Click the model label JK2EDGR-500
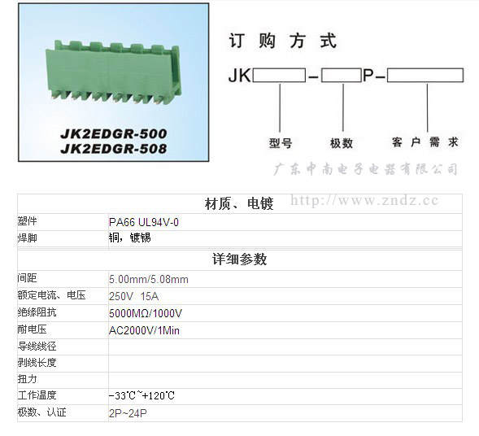point(114,134)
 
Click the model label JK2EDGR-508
point(114,149)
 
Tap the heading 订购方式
point(282,41)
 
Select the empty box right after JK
point(279,75)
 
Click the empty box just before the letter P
point(342,75)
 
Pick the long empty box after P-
point(425,75)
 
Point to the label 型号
point(281,143)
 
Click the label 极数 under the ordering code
point(342,143)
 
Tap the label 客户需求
point(425,142)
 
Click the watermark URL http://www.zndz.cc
point(364,201)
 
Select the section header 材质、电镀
point(239,204)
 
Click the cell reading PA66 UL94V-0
point(144,222)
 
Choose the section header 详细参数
point(239,259)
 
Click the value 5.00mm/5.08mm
point(149,279)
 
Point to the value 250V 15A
point(134,296)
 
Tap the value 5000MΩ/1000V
point(146,313)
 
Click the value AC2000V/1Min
point(144,330)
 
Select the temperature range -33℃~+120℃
point(142,396)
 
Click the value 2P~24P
point(128,413)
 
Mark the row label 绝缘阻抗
point(37,312)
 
